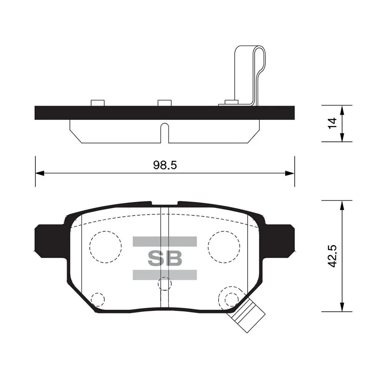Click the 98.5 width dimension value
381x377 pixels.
165,165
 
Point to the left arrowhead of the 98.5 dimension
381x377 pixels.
40,173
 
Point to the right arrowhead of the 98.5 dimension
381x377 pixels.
290,173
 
